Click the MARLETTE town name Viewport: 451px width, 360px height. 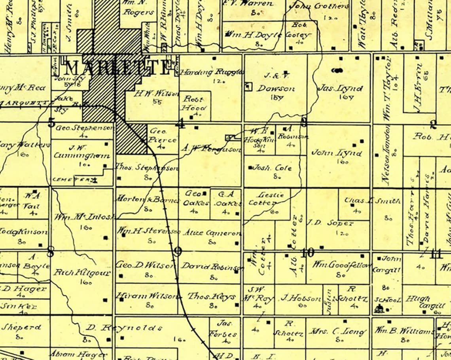(x=117, y=68)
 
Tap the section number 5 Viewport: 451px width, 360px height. (x=51, y=123)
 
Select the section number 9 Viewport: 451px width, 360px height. (x=178, y=252)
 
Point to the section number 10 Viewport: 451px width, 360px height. (x=307, y=252)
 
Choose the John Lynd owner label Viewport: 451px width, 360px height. (x=336, y=153)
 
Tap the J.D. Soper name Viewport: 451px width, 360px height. (x=330, y=223)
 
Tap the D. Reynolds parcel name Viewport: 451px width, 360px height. (x=125, y=328)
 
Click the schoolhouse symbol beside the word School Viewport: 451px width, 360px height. (x=379, y=308)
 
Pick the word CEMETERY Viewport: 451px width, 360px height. (x=73, y=180)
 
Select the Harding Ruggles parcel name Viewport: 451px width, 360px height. (x=212, y=72)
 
